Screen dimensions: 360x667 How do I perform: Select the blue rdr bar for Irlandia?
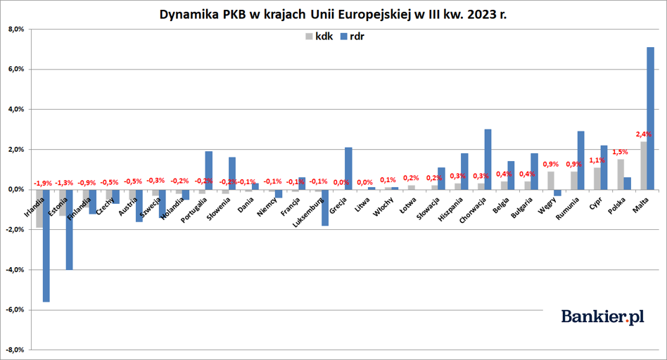click(46, 245)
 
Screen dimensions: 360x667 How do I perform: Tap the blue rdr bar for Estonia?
click(70, 229)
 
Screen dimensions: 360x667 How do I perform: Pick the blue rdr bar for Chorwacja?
click(488, 159)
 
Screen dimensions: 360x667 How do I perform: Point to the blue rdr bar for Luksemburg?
click(325, 207)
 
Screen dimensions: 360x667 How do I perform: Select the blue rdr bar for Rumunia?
click(581, 160)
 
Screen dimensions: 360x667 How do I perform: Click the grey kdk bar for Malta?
click(643, 165)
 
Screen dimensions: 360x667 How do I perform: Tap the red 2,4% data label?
click(643, 134)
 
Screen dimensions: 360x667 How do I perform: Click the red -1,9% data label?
click(42, 184)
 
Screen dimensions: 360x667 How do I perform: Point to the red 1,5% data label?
click(620, 152)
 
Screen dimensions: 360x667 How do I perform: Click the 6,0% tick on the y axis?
click(15, 70)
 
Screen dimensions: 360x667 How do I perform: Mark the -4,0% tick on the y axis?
click(14, 269)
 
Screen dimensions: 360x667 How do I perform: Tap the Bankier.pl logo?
click(603, 317)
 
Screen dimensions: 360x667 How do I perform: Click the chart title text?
click(333, 14)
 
